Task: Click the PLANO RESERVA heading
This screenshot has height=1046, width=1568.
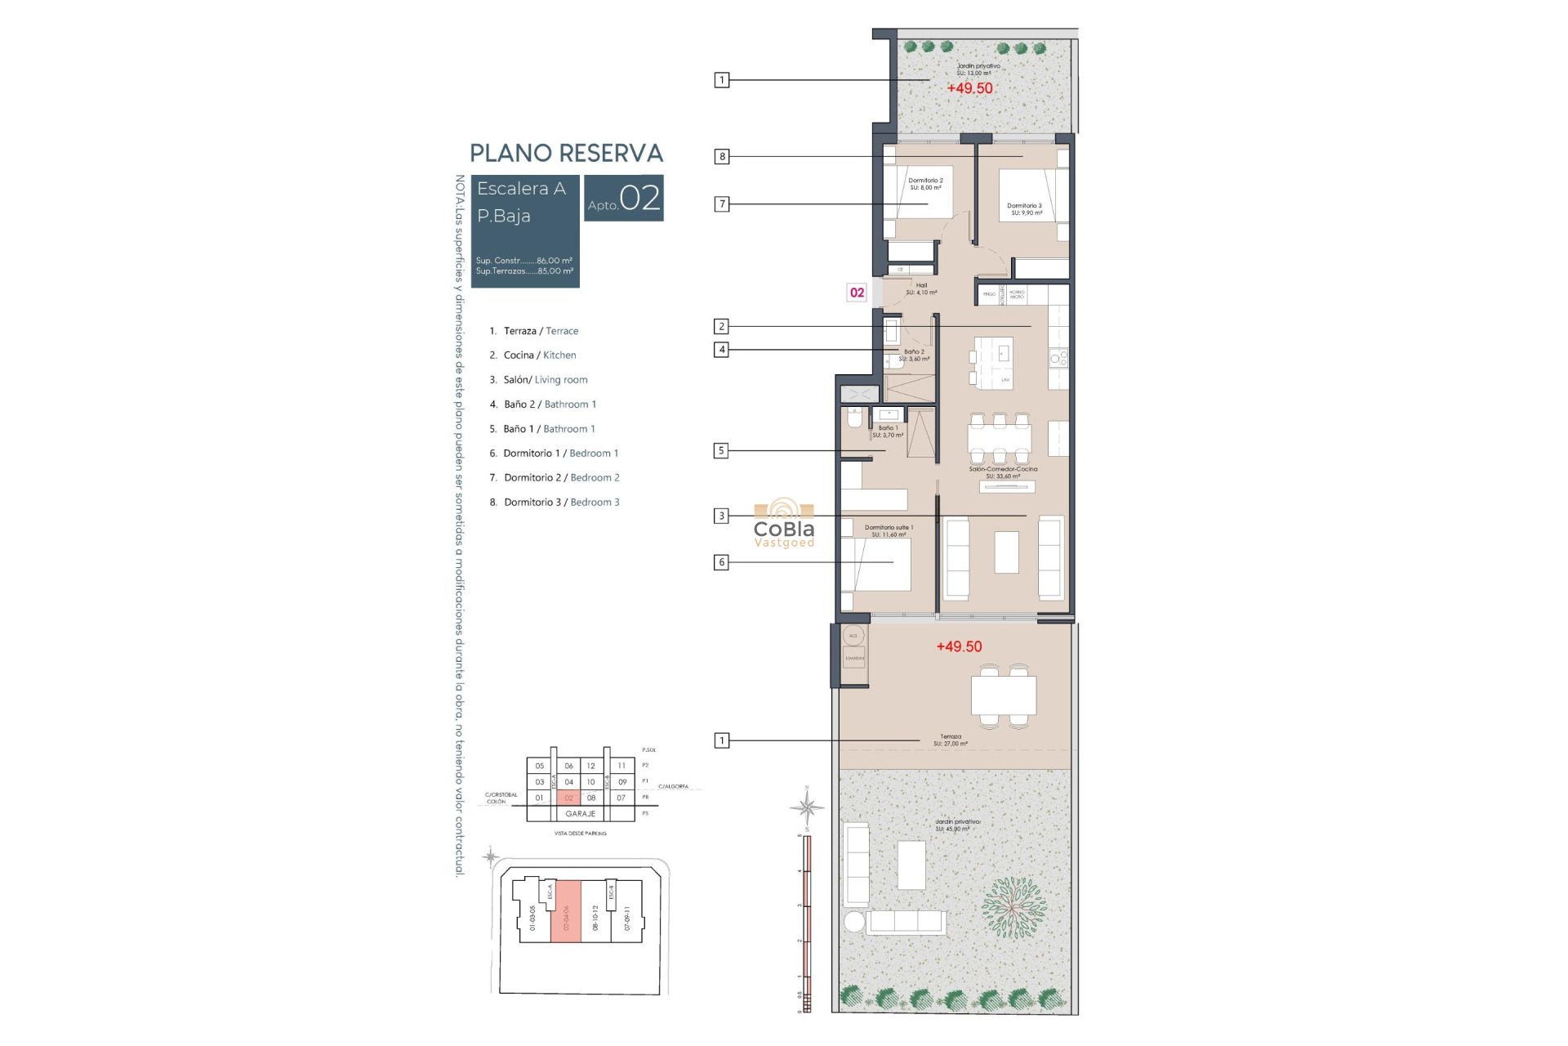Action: (566, 153)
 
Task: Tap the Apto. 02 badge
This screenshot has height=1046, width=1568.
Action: (624, 199)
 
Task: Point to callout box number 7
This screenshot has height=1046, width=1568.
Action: (721, 204)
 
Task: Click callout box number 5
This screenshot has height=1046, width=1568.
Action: (721, 450)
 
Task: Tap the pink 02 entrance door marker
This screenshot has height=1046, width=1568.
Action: (857, 293)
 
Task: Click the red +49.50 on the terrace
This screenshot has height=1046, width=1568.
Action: (959, 646)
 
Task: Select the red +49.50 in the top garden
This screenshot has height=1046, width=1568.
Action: (969, 88)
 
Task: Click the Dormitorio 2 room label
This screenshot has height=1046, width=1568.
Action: (925, 184)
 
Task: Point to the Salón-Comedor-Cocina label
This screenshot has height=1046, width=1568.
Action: (1003, 472)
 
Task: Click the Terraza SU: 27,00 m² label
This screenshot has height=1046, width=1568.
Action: (951, 740)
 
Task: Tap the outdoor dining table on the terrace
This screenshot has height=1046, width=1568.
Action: (1004, 695)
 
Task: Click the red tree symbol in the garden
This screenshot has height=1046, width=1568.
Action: (1013, 907)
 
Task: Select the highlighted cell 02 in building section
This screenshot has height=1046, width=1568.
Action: (569, 798)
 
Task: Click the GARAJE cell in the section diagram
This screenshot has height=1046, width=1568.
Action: (581, 814)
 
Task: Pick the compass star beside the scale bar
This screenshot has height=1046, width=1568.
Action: (807, 807)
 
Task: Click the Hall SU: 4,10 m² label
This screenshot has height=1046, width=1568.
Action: (921, 288)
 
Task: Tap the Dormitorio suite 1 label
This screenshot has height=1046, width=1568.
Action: (889, 531)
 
